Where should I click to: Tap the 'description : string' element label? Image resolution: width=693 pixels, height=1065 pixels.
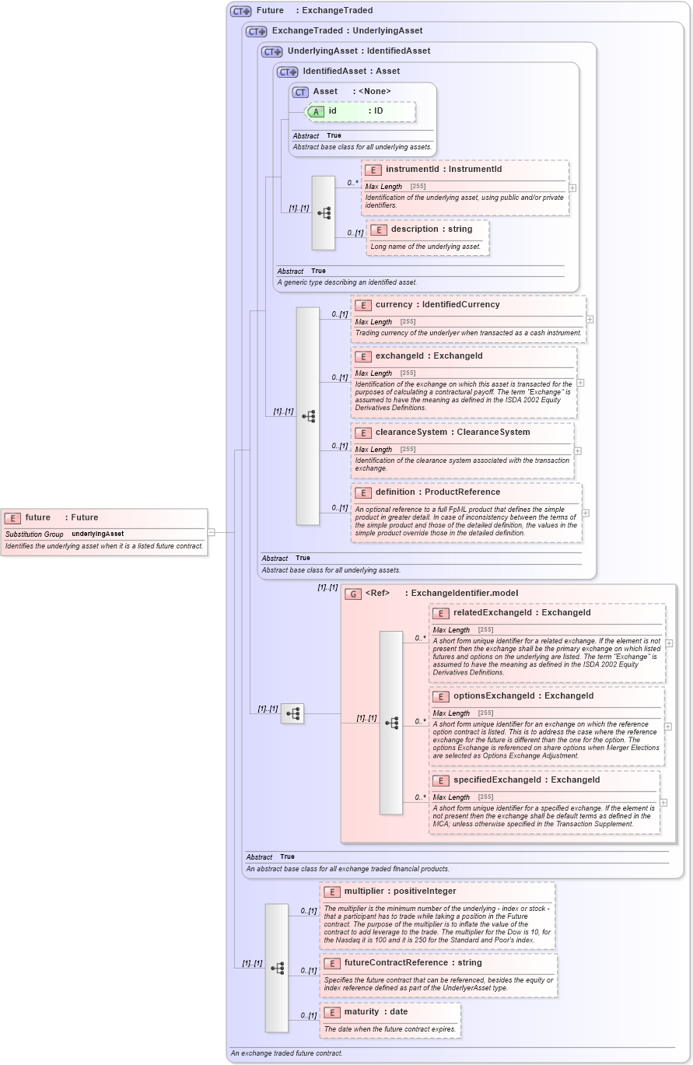tap(431, 229)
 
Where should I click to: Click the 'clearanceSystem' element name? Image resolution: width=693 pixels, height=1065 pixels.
tap(411, 433)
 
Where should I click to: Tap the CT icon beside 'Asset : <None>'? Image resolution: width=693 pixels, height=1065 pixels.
tap(300, 92)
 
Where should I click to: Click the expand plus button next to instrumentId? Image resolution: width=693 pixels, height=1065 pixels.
tap(572, 187)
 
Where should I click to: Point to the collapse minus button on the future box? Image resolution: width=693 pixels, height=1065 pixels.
tap(211, 533)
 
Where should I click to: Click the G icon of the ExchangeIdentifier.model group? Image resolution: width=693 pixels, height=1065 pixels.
tap(353, 594)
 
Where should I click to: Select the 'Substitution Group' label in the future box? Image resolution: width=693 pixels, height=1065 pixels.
tap(34, 534)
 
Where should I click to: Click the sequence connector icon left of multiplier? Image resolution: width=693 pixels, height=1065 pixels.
tap(277, 968)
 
